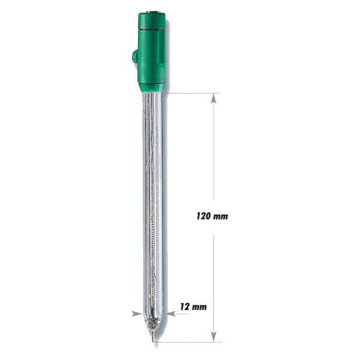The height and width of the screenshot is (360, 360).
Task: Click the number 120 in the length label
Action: coord(203,216)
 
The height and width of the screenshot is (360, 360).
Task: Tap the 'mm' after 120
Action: coord(220,217)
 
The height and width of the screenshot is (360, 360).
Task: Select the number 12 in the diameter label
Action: coord(185,307)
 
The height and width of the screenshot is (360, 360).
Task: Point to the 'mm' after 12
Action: coord(199,307)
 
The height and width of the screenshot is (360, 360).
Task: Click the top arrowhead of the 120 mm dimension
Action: coord(214,98)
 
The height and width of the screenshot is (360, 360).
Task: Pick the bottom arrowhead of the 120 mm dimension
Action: coord(214,337)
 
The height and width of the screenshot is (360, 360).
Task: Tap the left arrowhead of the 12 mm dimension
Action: coord(137,314)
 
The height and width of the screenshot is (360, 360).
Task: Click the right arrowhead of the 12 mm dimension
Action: coord(170,314)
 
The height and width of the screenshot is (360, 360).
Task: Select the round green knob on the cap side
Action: coord(134,57)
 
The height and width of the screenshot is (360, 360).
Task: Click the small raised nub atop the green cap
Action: coord(152,12)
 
